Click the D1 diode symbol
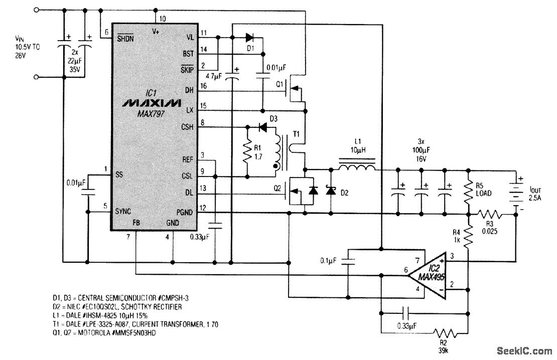(249, 37)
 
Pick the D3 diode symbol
(262, 127)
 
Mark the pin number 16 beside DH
(203, 86)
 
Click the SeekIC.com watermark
(523, 350)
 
